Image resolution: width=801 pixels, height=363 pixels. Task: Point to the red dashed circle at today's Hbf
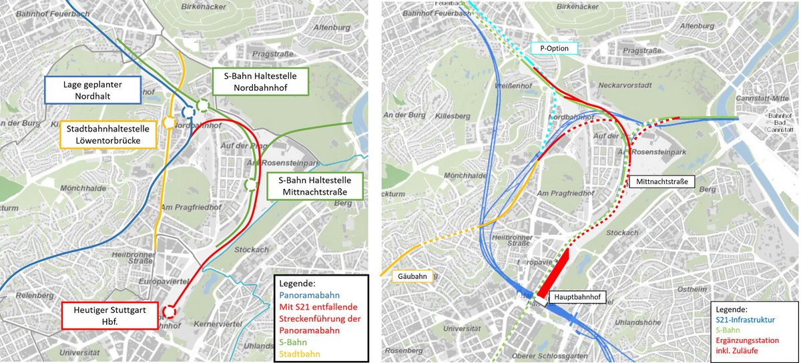[170, 312]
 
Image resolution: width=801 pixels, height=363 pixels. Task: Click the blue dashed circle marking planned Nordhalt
[188, 111]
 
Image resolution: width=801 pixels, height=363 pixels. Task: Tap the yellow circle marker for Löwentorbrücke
[169, 123]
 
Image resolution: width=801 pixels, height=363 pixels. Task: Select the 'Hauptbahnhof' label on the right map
[577, 296]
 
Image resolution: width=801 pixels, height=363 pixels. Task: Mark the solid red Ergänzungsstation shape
[553, 272]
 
